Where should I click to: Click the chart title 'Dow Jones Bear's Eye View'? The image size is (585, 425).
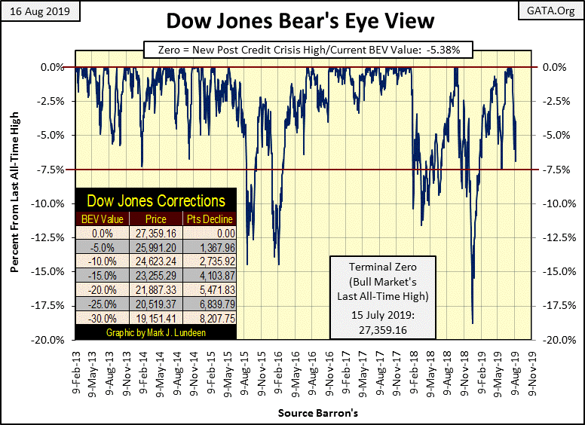[x=292, y=20]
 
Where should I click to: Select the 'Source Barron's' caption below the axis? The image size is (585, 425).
[x=307, y=413]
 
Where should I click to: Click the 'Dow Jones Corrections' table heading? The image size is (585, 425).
[x=156, y=201]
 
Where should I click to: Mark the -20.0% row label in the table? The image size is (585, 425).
[x=103, y=289]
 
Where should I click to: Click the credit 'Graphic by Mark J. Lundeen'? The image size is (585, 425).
[x=156, y=332]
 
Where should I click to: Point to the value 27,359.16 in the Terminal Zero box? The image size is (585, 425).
[x=382, y=323]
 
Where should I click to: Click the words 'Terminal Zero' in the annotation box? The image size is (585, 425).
[x=382, y=268]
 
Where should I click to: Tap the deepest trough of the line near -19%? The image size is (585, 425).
[x=473, y=323]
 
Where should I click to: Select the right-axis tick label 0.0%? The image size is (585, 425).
[x=555, y=67]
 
